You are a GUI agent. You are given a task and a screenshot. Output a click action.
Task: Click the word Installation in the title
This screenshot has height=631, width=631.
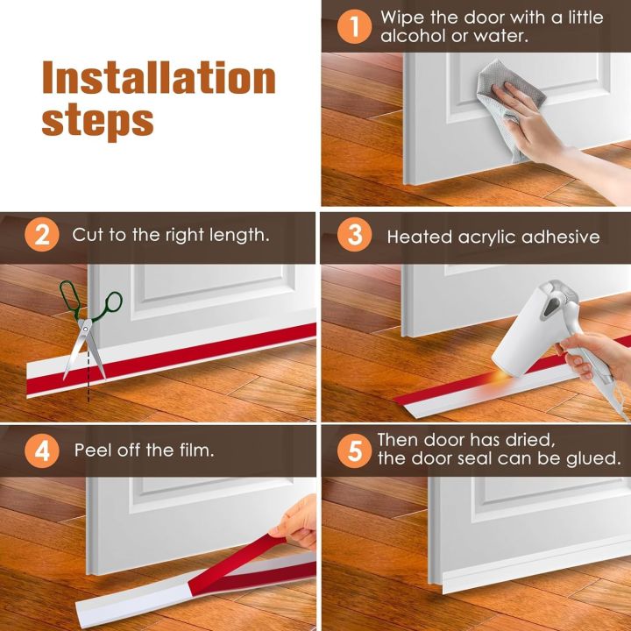tap(159, 79)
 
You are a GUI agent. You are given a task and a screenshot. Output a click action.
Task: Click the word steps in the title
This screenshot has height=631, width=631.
tap(98, 120)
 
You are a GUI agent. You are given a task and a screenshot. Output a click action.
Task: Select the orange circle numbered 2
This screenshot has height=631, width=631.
tap(43, 236)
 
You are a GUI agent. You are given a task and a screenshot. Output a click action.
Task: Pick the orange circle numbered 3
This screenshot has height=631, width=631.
tap(355, 236)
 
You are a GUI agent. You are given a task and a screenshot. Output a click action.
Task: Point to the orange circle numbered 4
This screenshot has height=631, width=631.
tap(43, 450)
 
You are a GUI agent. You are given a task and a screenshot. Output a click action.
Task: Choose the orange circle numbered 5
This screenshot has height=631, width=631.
tap(355, 450)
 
